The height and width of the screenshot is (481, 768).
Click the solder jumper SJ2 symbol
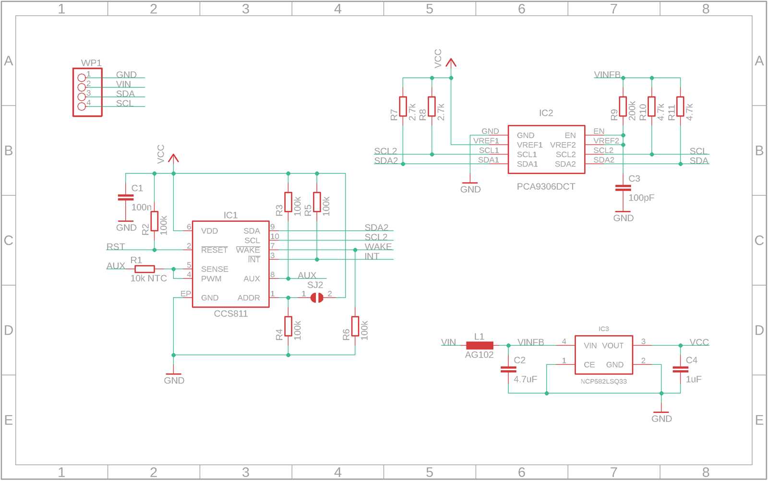(317, 298)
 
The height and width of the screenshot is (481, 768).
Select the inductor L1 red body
(480, 345)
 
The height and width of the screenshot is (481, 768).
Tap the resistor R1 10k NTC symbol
(144, 269)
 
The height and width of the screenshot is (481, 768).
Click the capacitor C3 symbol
(623, 188)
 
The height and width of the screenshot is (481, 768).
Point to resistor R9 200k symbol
(623, 107)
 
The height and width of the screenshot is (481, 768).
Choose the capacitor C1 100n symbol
(126, 197)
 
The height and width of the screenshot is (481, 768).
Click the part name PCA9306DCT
(546, 187)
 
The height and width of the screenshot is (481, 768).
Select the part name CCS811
(231, 314)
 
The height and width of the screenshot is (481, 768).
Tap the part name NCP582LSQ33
(603, 382)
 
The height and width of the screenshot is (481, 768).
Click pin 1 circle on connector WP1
(82, 77)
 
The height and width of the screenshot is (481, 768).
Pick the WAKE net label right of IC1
(378, 247)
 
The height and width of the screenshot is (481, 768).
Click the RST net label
(116, 247)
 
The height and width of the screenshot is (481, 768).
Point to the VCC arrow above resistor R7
(451, 62)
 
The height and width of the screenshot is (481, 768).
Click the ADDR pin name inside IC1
(249, 298)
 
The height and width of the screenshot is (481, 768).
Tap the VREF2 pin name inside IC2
(563, 145)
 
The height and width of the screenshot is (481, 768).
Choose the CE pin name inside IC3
(589, 365)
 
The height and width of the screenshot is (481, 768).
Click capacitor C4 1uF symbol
(680, 370)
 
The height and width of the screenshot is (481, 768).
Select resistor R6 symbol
(355, 326)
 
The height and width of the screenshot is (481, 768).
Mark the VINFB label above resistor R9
(607, 75)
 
